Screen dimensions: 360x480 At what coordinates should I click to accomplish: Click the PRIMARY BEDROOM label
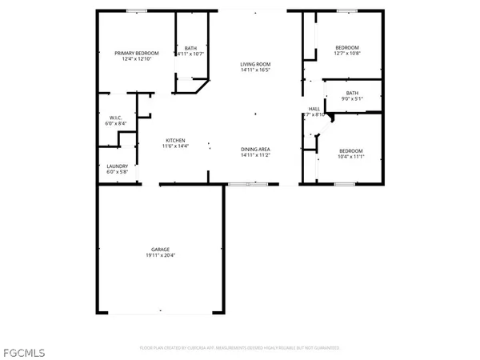pyautogui.click(x=136, y=53)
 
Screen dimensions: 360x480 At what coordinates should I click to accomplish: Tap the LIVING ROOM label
pyautogui.click(x=257, y=64)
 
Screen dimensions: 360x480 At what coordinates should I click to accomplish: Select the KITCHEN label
pyautogui.click(x=176, y=140)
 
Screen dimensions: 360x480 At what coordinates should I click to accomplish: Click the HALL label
pyautogui.click(x=314, y=109)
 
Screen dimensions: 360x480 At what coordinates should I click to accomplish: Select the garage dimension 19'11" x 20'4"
pyautogui.click(x=161, y=255)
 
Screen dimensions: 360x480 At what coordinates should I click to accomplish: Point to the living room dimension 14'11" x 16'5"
pyautogui.click(x=257, y=70)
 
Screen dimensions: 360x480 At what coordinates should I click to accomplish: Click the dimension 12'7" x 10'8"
pyautogui.click(x=347, y=53)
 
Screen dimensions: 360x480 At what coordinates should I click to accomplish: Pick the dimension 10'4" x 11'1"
pyautogui.click(x=350, y=157)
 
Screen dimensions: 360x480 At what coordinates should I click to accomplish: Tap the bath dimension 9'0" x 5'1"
pyautogui.click(x=353, y=98)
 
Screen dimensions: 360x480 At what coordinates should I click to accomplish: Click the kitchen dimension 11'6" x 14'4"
pyautogui.click(x=176, y=146)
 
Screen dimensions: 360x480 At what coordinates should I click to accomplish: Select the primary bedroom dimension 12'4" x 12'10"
pyautogui.click(x=136, y=58)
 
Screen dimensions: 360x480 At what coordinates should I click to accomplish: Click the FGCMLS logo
pyautogui.click(x=23, y=351)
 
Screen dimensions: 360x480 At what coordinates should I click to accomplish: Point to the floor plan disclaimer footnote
pyautogui.click(x=240, y=348)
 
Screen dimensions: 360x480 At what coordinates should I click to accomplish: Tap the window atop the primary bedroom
pyautogui.click(x=136, y=10)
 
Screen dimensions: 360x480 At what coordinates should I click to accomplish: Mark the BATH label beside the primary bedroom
pyautogui.click(x=190, y=48)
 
